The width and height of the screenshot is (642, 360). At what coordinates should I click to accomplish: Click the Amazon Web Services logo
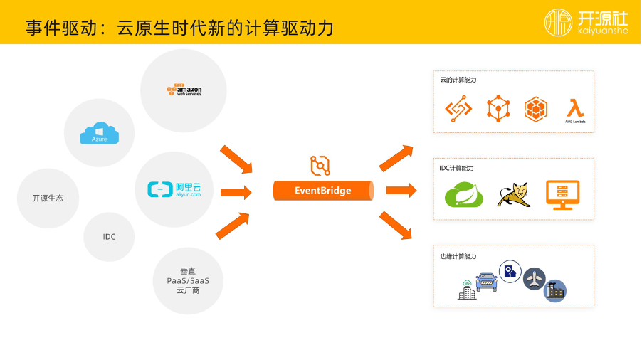point(184,90)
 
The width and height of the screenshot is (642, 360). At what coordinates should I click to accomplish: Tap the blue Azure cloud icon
point(99,133)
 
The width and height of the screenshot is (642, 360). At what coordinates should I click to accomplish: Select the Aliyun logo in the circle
point(174,189)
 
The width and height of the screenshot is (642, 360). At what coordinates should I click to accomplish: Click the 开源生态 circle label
point(48,198)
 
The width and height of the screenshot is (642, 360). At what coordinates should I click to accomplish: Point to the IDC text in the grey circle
point(109,236)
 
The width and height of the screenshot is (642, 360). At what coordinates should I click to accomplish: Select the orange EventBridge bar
point(323,191)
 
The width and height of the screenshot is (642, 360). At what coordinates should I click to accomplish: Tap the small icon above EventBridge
point(320,165)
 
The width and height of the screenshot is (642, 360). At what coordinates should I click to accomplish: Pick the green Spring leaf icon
point(464,195)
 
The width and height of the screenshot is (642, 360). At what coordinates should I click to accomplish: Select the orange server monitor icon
point(562,194)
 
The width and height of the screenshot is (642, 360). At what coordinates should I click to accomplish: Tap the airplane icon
point(534,279)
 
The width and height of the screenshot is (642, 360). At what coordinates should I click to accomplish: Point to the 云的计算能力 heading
point(458,80)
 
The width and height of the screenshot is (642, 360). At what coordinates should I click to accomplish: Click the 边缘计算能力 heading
point(458,256)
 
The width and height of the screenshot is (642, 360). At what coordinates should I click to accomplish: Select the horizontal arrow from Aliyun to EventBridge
point(236,192)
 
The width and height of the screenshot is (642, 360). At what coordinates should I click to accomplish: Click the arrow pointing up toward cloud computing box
point(396,158)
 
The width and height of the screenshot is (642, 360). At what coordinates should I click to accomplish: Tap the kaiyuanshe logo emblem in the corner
point(559,22)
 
